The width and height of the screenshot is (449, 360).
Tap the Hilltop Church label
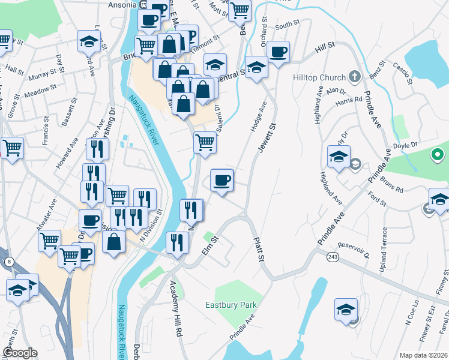319,77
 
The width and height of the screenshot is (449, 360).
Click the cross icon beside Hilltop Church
354,77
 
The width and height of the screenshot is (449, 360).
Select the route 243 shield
332,256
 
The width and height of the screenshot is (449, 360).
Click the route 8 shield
9,262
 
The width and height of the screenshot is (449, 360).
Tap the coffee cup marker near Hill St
278,52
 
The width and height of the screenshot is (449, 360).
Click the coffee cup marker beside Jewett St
221,180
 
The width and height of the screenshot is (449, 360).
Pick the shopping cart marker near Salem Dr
205,143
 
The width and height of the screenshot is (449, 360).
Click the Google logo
19,353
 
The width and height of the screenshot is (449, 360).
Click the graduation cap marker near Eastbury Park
346,310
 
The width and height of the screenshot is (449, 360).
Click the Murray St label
41,76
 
